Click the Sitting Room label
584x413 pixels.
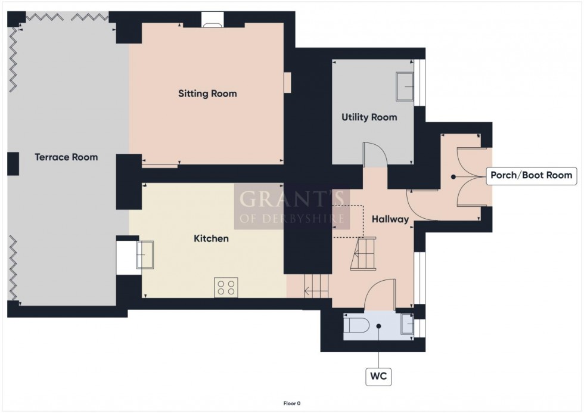[207, 94]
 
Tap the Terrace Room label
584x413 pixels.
[66, 157]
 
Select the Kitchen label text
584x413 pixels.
[211, 238]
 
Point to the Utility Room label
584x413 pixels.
[369, 117]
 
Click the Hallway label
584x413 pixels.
[390, 219]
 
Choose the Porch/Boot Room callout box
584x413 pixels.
[531, 175]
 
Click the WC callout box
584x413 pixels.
[378, 376]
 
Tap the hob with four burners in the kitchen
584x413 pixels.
[226, 287]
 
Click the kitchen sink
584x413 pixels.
[145, 254]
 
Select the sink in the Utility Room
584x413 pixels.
[405, 86]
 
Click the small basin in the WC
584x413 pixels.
[407, 324]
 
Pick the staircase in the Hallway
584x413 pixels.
[362, 253]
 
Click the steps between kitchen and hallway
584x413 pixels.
[316, 286]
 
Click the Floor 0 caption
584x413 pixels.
[291, 403]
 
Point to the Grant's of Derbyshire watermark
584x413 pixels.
[291, 206]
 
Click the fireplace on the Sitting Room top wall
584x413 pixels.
[212, 20]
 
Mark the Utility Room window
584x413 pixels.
[420, 83]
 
